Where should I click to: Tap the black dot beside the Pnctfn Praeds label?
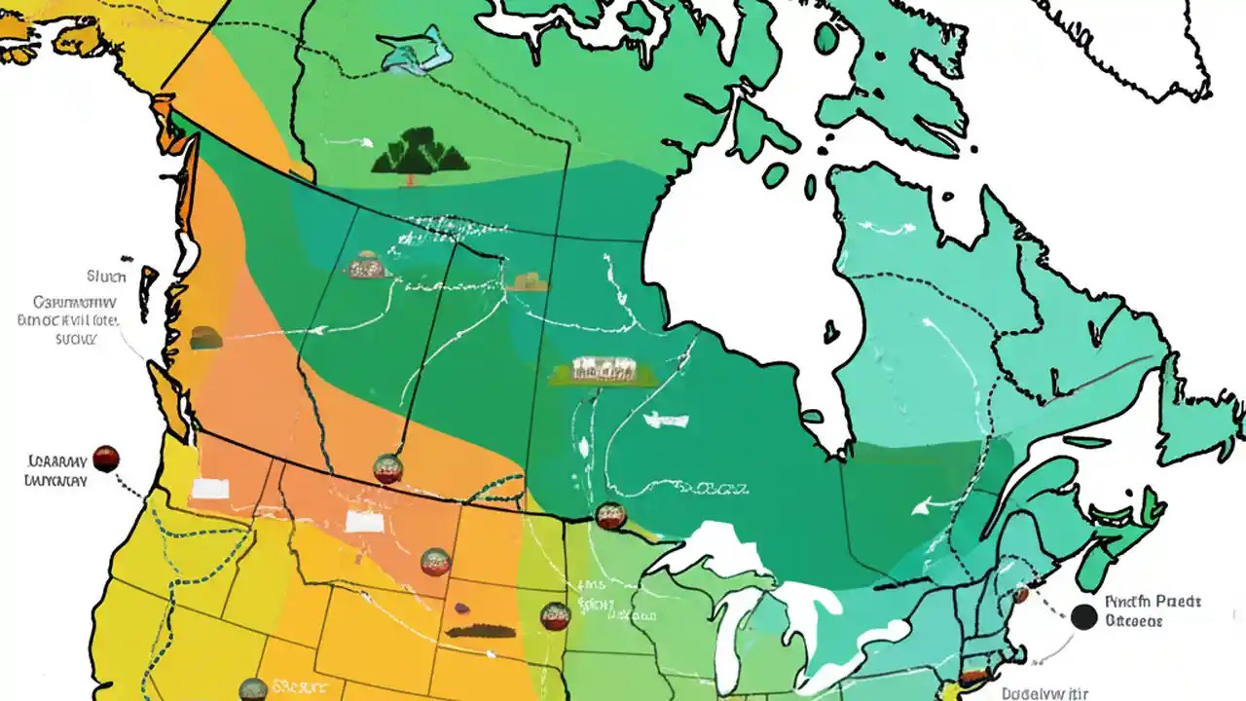pyautogui.click(x=1083, y=616)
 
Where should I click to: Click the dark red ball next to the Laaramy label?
pyautogui.click(x=105, y=459)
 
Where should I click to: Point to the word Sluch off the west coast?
pyautogui.click(x=106, y=276)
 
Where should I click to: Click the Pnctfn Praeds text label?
pyautogui.click(x=1154, y=602)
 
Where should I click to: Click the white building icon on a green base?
pyautogui.click(x=603, y=370)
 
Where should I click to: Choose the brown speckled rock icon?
pyautogui.click(x=368, y=265)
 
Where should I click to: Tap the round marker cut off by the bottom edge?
pyautogui.click(x=253, y=689)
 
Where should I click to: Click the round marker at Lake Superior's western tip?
pyautogui.click(x=610, y=516)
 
